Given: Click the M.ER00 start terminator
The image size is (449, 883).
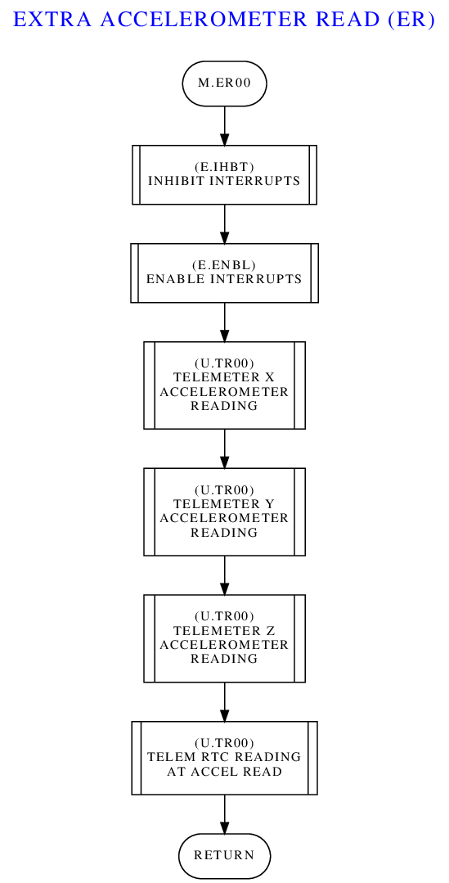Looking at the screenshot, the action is pyautogui.click(x=224, y=83).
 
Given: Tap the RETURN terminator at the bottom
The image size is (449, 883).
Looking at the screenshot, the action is pyautogui.click(x=224, y=855).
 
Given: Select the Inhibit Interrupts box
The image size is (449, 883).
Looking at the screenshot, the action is pyautogui.click(x=224, y=174).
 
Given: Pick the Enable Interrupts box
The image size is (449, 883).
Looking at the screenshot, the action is pyautogui.click(x=224, y=273).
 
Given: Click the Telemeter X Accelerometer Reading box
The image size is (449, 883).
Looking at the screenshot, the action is pyautogui.click(x=224, y=385).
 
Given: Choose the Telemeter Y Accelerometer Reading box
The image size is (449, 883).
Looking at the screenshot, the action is pyautogui.click(x=224, y=512).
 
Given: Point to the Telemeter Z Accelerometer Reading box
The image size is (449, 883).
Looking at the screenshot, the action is pyautogui.click(x=224, y=638).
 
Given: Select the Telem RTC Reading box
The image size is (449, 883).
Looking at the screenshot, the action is pyautogui.click(x=224, y=758).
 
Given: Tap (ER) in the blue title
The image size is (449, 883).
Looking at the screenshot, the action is pyautogui.click(x=411, y=20).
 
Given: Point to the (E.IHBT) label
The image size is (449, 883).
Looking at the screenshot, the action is pyautogui.click(x=224, y=168).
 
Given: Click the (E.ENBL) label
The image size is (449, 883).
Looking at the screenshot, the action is pyautogui.click(x=224, y=266).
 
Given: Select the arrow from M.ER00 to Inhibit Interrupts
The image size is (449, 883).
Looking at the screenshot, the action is pyautogui.click(x=224, y=125).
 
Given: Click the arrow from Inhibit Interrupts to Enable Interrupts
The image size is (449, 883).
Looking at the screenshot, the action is pyautogui.click(x=224, y=223).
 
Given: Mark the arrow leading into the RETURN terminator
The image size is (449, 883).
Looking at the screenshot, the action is pyautogui.click(x=224, y=814).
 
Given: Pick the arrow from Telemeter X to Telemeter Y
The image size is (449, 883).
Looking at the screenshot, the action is pyautogui.click(x=224, y=448).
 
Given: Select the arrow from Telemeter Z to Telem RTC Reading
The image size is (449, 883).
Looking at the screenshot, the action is pyautogui.click(x=224, y=701).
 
